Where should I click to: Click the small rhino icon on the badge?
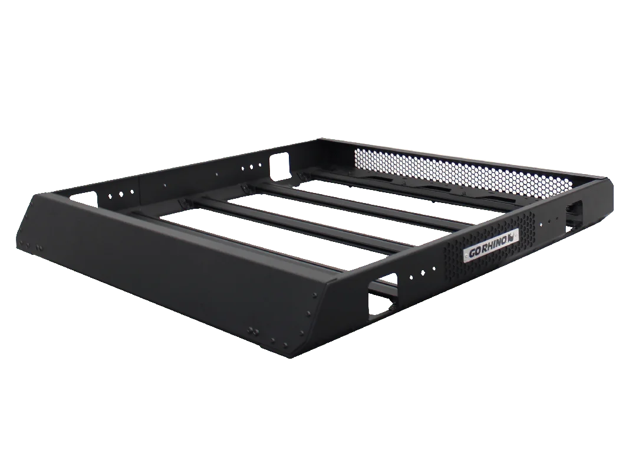coord(512,237)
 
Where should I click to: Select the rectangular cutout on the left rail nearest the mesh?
coord(279,166)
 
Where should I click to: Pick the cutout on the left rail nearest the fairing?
coord(84,199)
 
